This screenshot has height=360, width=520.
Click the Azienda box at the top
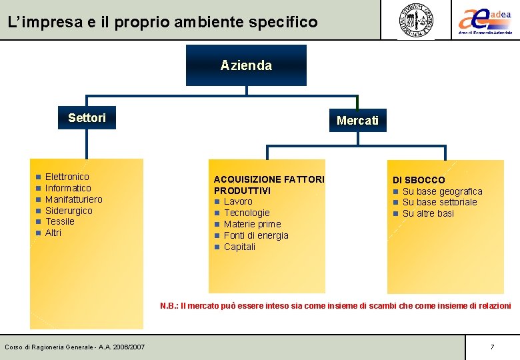click(246, 65)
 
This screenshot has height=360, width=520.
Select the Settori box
click(87, 118)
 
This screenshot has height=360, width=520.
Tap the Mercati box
click(357, 121)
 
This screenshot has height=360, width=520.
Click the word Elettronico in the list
click(67, 177)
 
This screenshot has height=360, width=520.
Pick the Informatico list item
click(68, 188)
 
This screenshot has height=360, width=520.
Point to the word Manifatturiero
click(73, 199)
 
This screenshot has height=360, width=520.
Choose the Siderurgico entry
click(69, 211)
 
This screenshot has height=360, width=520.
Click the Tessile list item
click(59, 221)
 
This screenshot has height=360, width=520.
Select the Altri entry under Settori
click(53, 233)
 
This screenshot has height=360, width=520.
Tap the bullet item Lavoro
click(238, 201)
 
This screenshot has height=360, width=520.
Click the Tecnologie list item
click(247, 213)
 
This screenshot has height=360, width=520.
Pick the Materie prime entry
click(252, 224)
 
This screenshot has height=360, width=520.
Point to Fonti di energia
click(256, 235)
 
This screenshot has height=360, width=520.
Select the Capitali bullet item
click(239, 247)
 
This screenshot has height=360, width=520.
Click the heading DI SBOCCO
click(419, 180)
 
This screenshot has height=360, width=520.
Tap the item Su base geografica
click(442, 191)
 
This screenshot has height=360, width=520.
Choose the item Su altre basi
click(428, 213)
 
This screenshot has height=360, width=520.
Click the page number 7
click(492, 347)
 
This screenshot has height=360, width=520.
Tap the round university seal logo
click(416, 20)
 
